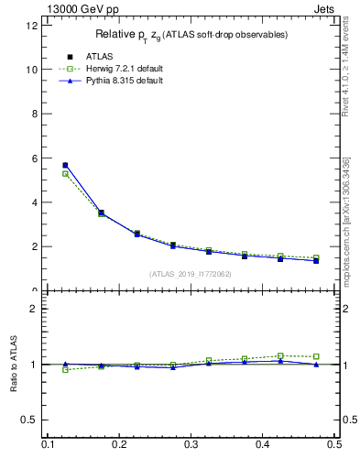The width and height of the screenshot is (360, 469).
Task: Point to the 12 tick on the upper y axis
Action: pos(32,26)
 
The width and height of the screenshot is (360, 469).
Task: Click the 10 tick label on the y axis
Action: pos(32,70)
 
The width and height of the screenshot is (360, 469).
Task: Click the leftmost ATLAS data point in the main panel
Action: pos(65,165)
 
